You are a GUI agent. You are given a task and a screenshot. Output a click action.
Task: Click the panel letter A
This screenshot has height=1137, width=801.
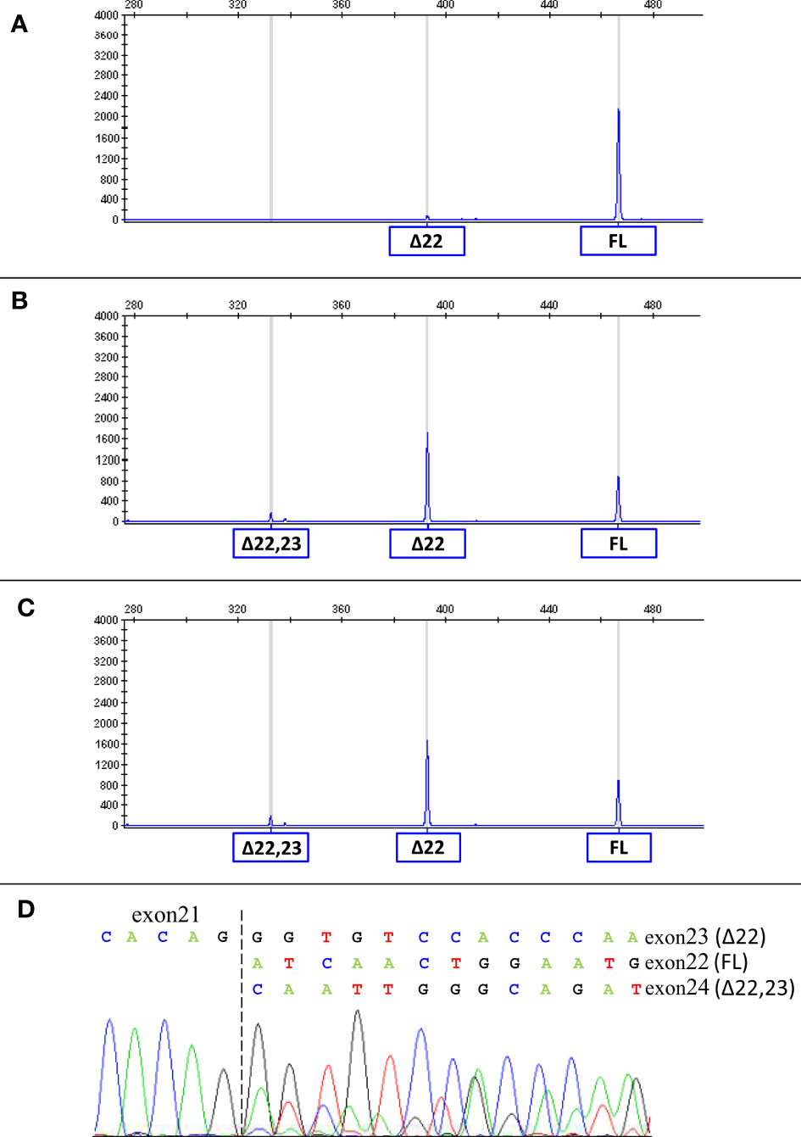(19, 25)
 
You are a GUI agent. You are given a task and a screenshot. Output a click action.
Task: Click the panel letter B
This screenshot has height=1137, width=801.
(19, 301)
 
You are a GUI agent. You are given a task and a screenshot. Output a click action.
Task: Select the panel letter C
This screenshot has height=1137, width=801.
(25, 608)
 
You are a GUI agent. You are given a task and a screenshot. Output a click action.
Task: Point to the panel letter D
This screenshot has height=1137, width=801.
(25, 910)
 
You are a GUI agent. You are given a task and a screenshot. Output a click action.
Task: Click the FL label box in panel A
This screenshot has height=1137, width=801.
(618, 242)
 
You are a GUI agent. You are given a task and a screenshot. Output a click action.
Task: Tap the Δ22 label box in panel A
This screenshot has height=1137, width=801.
(426, 242)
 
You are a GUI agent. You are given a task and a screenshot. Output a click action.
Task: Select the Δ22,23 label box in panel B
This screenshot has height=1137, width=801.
(271, 543)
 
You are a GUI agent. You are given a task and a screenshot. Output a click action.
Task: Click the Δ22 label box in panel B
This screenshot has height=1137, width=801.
(427, 544)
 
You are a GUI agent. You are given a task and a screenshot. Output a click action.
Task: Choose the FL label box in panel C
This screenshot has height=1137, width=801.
(619, 848)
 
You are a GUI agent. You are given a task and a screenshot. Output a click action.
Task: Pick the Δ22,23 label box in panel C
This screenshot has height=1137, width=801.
(271, 848)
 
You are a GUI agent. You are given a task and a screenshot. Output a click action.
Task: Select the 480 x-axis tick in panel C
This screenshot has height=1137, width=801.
(653, 609)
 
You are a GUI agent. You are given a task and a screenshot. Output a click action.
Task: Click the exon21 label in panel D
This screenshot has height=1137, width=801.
(165, 915)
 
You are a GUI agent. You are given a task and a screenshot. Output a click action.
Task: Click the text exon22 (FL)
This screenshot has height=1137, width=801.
(696, 963)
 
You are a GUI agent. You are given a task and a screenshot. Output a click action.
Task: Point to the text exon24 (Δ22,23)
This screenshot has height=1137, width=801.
(720, 989)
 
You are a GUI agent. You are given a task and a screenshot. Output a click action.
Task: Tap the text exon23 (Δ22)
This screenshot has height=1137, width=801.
(704, 938)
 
